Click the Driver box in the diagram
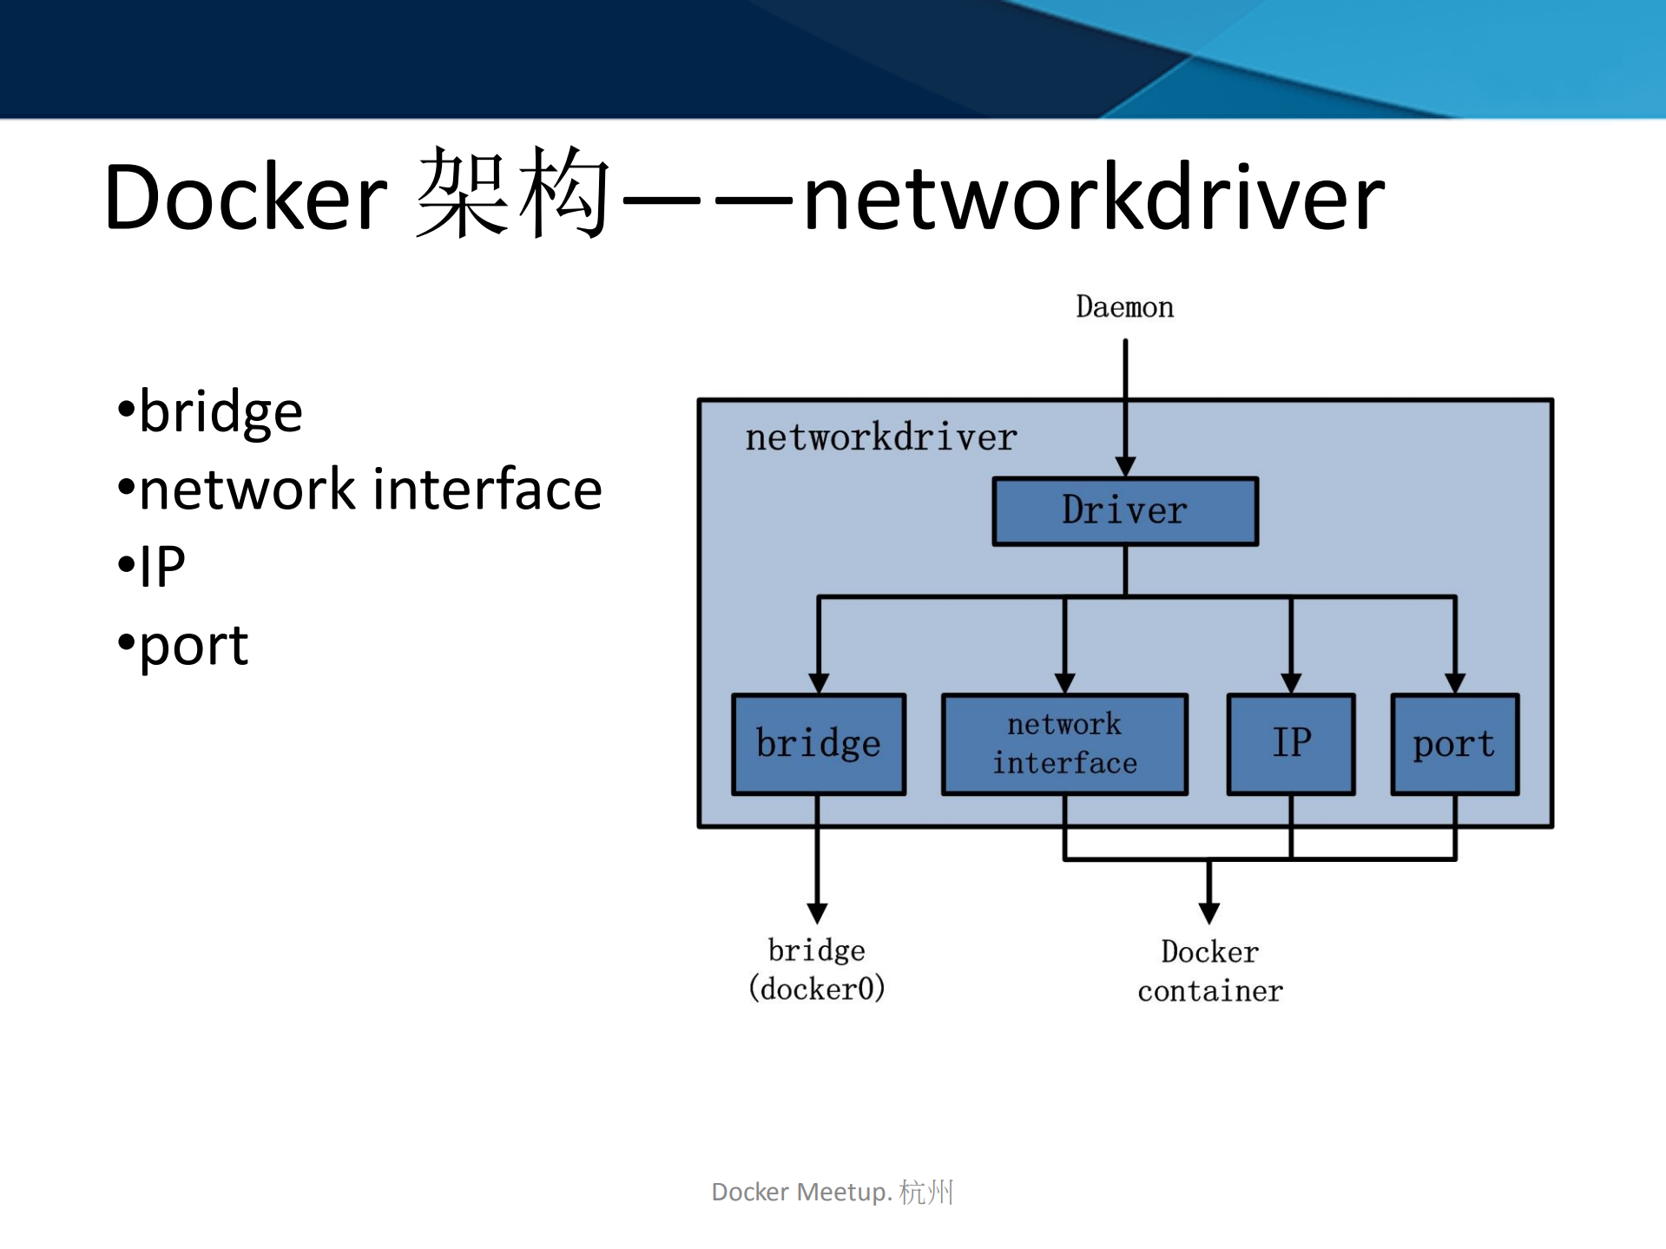tap(1124, 510)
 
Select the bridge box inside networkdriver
tap(818, 744)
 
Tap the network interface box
tap(1063, 744)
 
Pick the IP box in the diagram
tap(1290, 744)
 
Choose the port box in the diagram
tap(1454, 744)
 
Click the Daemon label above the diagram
tap(1124, 307)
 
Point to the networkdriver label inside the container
tap(880, 437)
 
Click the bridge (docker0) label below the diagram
tap(816, 970)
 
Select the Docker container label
tap(1209, 971)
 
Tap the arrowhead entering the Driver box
tap(1125, 466)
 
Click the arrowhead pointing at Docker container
tap(1208, 912)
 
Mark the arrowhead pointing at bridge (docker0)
tap(816, 912)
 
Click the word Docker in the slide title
tap(245, 198)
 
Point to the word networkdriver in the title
tap(1092, 198)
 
